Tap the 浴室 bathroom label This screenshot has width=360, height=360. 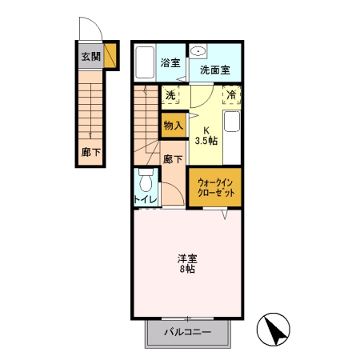[x=170, y=62]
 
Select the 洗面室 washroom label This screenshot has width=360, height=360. [x=214, y=70]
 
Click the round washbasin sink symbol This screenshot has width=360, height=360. [x=198, y=48]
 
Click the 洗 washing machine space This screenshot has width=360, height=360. [x=170, y=95]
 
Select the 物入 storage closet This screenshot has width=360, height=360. [x=173, y=125]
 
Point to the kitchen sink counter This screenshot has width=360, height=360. [x=231, y=133]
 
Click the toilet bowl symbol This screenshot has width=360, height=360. [x=146, y=178]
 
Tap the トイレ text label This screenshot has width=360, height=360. [x=145, y=200]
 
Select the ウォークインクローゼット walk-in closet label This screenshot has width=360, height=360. [x=215, y=188]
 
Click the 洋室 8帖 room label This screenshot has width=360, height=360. [x=188, y=263]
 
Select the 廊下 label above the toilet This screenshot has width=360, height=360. [x=172, y=158]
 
